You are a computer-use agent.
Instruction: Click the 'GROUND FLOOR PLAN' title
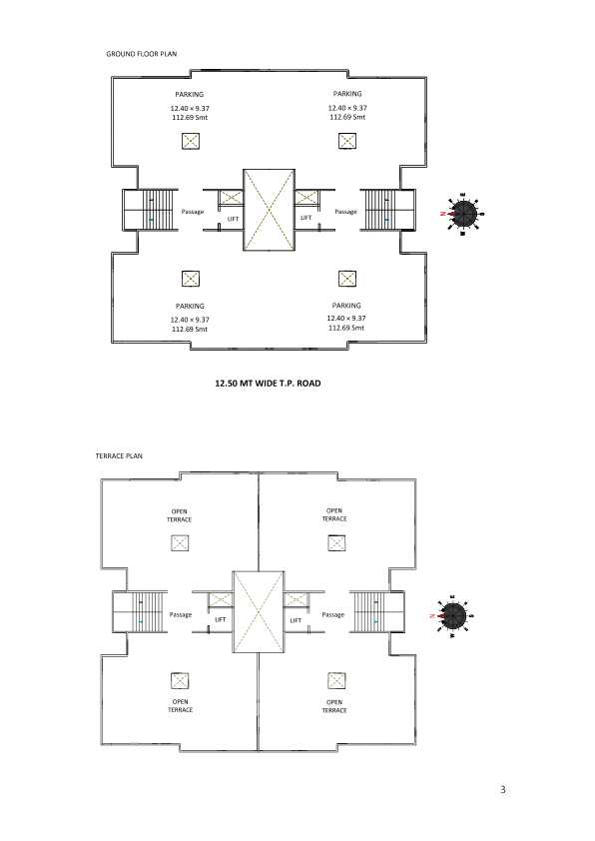point(142,54)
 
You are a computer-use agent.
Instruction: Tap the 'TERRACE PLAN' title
point(119,455)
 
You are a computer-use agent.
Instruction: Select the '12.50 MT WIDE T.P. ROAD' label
point(268,383)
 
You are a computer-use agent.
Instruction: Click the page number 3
point(503,789)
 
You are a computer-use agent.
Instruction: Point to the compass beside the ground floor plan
point(463,214)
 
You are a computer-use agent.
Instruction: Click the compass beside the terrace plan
point(453,616)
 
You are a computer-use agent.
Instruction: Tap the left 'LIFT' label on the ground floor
point(234,219)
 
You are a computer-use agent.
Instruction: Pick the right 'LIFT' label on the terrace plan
point(296,620)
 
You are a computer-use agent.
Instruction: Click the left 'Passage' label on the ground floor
point(193,212)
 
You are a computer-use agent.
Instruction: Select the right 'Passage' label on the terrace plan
point(332,614)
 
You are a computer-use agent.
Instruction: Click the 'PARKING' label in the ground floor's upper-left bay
point(190,95)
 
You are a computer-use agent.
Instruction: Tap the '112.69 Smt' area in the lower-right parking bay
point(346,328)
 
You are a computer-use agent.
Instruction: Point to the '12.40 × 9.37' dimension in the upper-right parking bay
point(347,108)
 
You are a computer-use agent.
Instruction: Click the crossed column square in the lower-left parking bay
point(191,279)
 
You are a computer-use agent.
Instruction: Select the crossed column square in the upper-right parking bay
point(347,141)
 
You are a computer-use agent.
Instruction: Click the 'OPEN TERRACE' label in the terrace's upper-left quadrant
point(179,515)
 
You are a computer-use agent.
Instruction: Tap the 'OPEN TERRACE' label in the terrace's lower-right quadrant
point(334,706)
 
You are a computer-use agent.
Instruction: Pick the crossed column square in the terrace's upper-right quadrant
point(336,542)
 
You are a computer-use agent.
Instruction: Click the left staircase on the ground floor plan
point(150,210)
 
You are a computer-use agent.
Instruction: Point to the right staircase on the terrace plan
point(376,612)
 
